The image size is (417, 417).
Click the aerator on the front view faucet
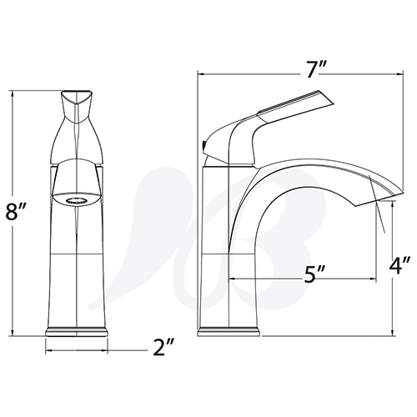[x=76, y=199]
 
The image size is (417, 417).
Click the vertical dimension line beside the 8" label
[x=14, y=150]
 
